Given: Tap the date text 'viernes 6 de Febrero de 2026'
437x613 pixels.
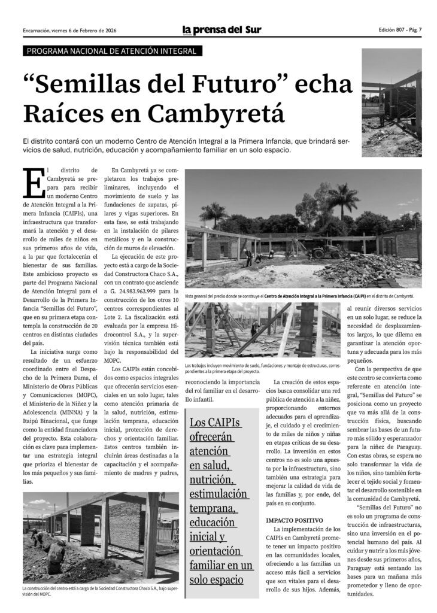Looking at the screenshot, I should tap(85, 31).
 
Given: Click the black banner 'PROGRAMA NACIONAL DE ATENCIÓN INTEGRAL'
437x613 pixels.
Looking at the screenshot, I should tap(112, 51).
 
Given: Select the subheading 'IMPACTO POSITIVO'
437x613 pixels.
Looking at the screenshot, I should tap(294, 520).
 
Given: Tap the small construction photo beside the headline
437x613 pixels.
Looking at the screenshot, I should tap(392, 102).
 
